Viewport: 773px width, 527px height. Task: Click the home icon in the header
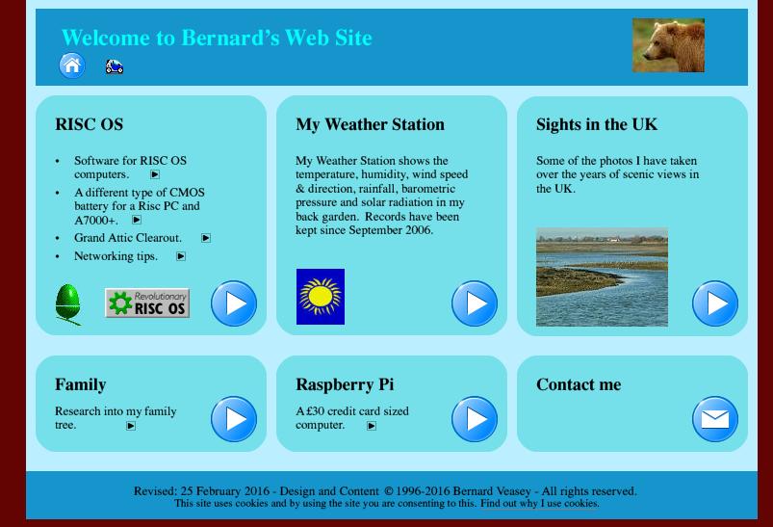72,66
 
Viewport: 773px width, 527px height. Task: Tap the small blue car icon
115,66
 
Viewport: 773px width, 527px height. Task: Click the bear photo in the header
668,45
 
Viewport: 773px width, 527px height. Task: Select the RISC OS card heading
90,124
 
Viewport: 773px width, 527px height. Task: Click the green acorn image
68,304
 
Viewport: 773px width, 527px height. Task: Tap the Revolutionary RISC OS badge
147,303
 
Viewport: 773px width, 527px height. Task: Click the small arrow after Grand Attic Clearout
206,238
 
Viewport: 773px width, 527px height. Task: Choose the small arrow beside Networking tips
181,256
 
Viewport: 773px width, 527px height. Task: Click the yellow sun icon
321,297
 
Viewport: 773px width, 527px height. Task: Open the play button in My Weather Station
475,303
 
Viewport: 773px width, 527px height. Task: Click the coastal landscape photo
602,277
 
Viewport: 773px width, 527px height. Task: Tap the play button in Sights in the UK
715,303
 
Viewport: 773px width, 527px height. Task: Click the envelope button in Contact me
715,419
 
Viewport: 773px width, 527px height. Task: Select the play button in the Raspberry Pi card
475,419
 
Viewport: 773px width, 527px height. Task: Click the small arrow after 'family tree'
131,426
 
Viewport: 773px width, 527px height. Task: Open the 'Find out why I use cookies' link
540,503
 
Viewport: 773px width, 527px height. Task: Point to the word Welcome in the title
106,38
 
